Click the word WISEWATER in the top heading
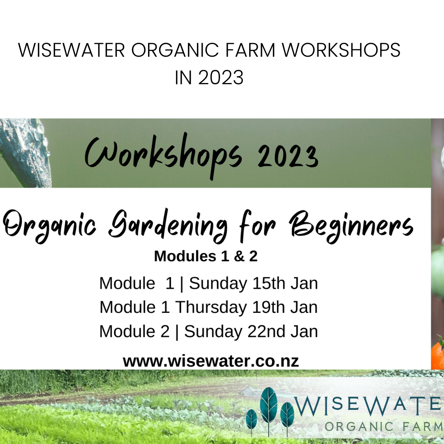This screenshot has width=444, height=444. point(72,51)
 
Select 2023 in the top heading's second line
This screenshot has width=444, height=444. point(221,77)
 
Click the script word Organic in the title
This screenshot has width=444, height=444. point(49,227)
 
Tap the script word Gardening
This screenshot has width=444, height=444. point(168,226)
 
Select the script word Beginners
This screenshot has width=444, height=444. point(351,227)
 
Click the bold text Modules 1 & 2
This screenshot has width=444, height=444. point(206,256)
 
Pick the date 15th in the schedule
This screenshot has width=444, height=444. point(269,283)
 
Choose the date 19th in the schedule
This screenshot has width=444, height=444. point(268,307)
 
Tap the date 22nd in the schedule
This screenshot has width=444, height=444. point(266,331)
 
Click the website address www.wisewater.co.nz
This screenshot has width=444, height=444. point(211,361)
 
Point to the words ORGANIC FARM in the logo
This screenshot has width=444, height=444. point(384,426)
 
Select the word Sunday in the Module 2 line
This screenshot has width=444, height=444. point(213,332)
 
